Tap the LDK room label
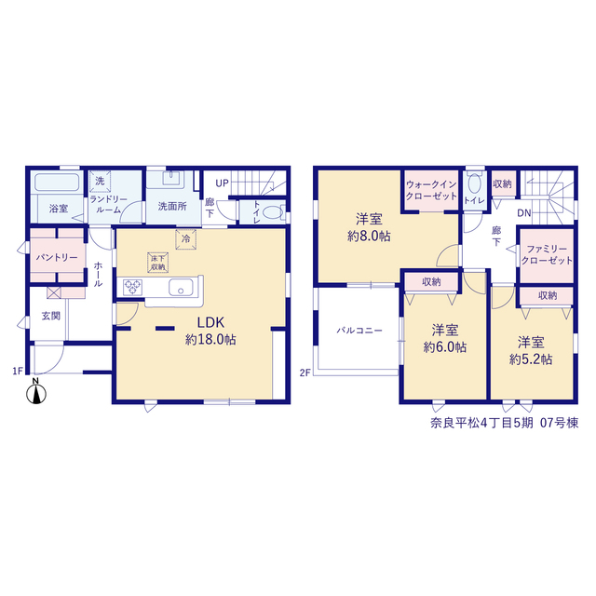click(x=210, y=323)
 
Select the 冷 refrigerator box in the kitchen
click(x=186, y=239)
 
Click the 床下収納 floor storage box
click(x=157, y=263)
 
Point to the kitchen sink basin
click(x=181, y=287)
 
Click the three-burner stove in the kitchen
click(x=132, y=287)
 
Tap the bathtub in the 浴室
click(x=57, y=183)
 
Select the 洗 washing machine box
click(x=100, y=181)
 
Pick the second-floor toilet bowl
click(x=474, y=183)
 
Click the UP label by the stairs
click(x=222, y=183)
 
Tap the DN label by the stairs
click(x=523, y=213)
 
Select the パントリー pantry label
click(x=57, y=257)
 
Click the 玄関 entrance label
click(x=50, y=316)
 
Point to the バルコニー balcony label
click(x=359, y=331)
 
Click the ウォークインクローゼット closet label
click(x=431, y=190)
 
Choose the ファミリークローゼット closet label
click(x=547, y=254)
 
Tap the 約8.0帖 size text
click(x=369, y=236)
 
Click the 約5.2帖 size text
click(x=531, y=359)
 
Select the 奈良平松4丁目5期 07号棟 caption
click(x=505, y=423)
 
